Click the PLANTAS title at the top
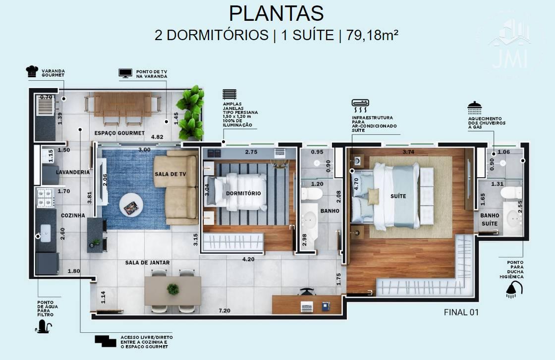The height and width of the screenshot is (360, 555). click(x=276, y=13)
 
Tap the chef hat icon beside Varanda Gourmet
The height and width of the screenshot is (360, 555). click(x=32, y=71)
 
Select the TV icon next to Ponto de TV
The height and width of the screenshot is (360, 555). click(x=125, y=73)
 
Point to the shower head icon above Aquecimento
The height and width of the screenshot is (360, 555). click(x=474, y=107)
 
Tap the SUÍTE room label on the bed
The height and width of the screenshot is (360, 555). click(x=398, y=196)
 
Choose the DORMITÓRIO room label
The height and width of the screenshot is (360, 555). click(x=243, y=194)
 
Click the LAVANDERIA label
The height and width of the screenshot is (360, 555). click(x=73, y=172)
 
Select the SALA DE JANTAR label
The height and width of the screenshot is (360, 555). click(x=147, y=263)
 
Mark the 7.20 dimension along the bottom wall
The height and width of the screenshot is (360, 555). click(x=224, y=311)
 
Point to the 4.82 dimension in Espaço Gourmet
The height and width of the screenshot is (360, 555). click(x=157, y=137)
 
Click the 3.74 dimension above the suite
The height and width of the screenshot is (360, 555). click(x=408, y=152)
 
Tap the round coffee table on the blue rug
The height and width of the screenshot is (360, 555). click(x=131, y=205)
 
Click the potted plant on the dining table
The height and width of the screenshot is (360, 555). click(x=173, y=289)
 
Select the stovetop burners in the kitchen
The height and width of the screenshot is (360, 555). click(x=45, y=198)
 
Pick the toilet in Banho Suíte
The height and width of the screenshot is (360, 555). click(x=511, y=193)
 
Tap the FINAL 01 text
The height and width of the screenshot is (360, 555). click(x=461, y=312)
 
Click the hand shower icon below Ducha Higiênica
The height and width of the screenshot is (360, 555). click(x=514, y=290)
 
